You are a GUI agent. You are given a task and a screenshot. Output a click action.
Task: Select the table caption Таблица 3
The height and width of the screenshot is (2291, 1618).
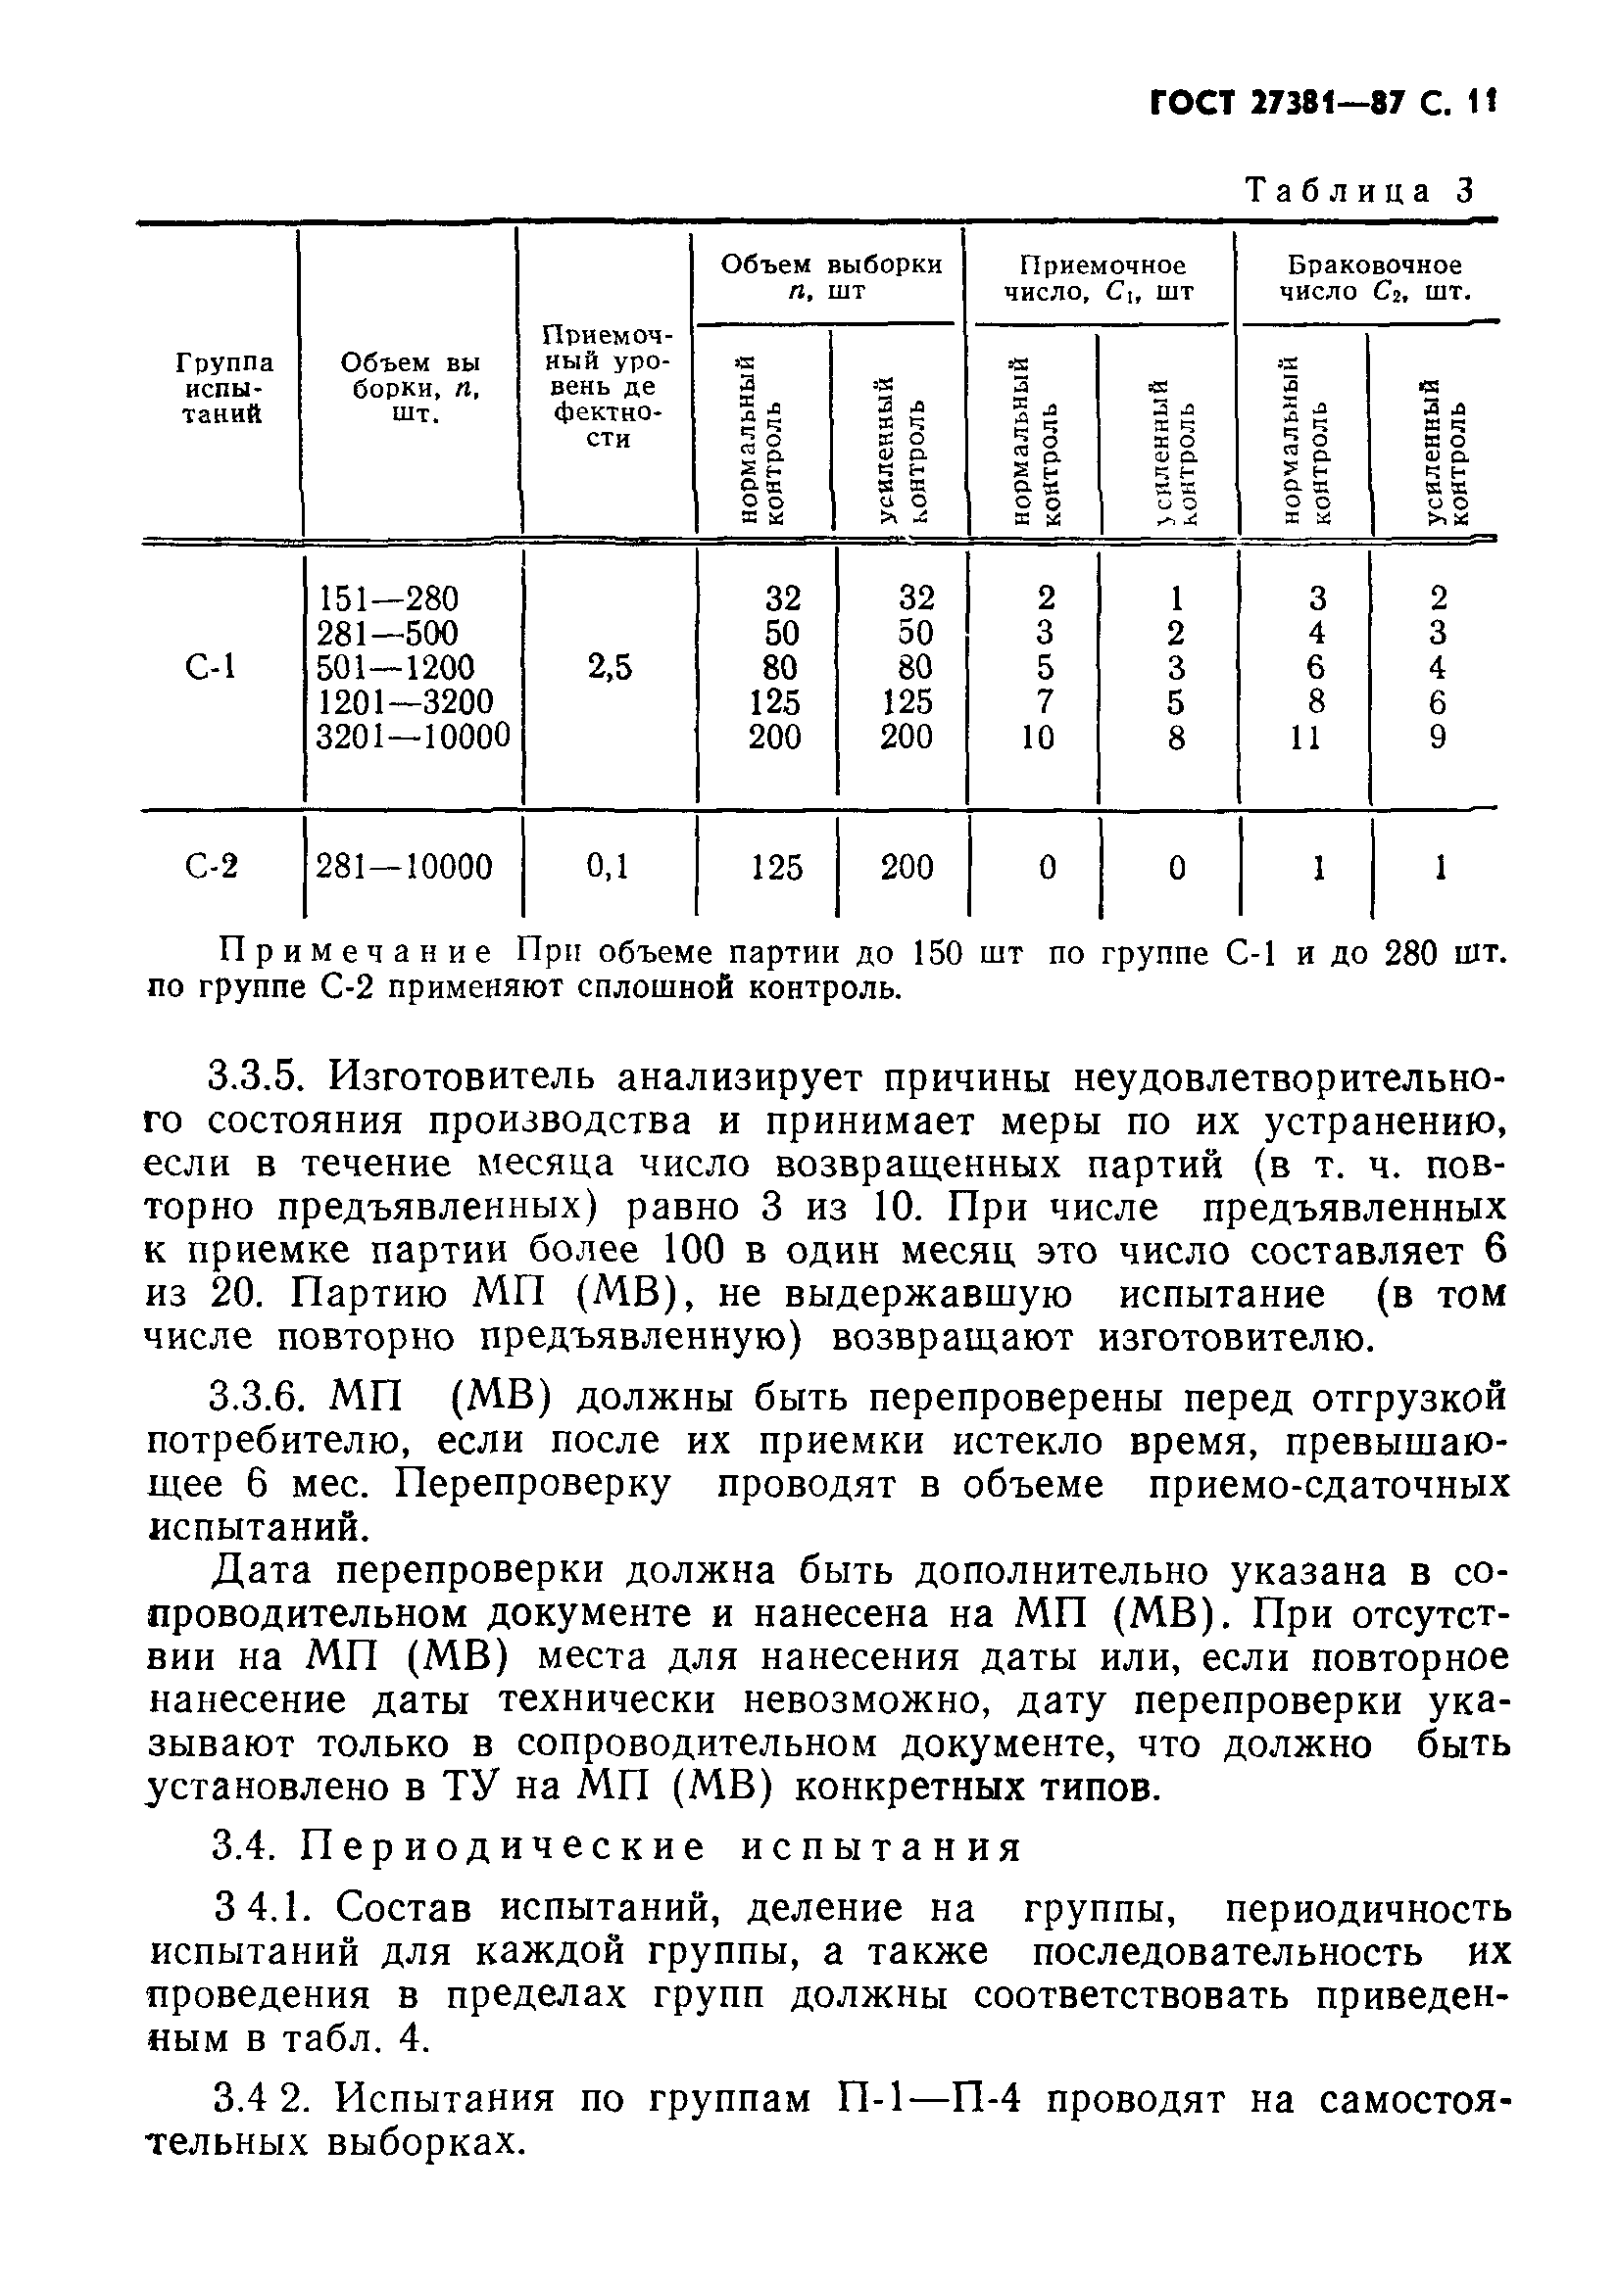(x=1359, y=191)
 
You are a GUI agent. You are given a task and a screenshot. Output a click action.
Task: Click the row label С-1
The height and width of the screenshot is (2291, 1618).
(x=212, y=665)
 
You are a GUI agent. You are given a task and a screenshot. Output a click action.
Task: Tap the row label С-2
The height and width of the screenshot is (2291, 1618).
(x=212, y=866)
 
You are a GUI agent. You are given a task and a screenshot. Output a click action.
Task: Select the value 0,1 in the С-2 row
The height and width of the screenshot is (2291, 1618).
(x=609, y=866)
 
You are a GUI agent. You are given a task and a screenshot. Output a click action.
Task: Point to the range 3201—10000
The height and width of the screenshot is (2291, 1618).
(x=413, y=737)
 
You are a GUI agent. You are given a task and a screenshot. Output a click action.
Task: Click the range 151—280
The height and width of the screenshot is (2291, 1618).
(x=387, y=598)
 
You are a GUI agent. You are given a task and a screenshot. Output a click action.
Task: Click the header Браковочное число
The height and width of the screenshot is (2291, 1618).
(x=1373, y=278)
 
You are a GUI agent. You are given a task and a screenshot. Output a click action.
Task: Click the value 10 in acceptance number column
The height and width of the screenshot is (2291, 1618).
(x=1037, y=738)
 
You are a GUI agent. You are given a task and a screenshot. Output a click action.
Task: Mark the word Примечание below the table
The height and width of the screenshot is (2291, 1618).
(x=356, y=954)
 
